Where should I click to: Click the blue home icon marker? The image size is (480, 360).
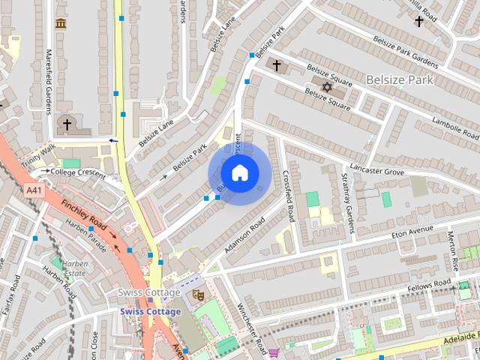click(x=239, y=173)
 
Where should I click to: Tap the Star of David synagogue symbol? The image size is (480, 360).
click(x=326, y=88)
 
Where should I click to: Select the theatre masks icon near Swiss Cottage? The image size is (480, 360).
click(x=199, y=295)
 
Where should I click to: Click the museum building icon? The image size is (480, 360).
click(x=60, y=23)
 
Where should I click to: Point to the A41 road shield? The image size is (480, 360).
click(x=34, y=191)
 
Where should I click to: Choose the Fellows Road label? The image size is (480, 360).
click(x=429, y=284)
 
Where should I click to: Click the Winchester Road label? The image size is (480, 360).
click(x=253, y=330)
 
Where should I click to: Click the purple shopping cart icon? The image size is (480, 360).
click(x=274, y=352)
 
